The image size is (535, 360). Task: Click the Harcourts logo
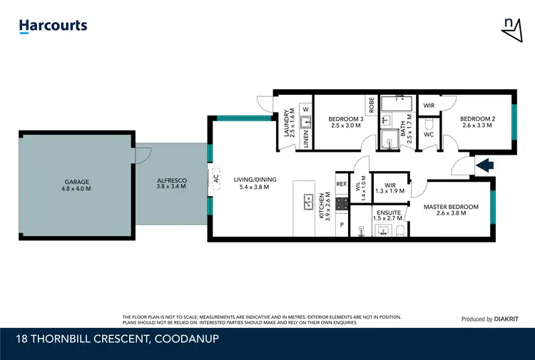point(53,26)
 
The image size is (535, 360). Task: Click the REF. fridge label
point(341,184)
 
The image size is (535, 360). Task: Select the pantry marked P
point(342,225)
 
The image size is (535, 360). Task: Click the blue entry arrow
point(485,165)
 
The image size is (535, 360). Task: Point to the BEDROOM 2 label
point(477,123)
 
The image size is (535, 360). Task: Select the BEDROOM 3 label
point(345,123)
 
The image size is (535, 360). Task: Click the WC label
point(429,134)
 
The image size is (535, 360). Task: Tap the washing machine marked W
point(305,109)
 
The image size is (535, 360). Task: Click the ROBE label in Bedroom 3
point(372,106)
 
